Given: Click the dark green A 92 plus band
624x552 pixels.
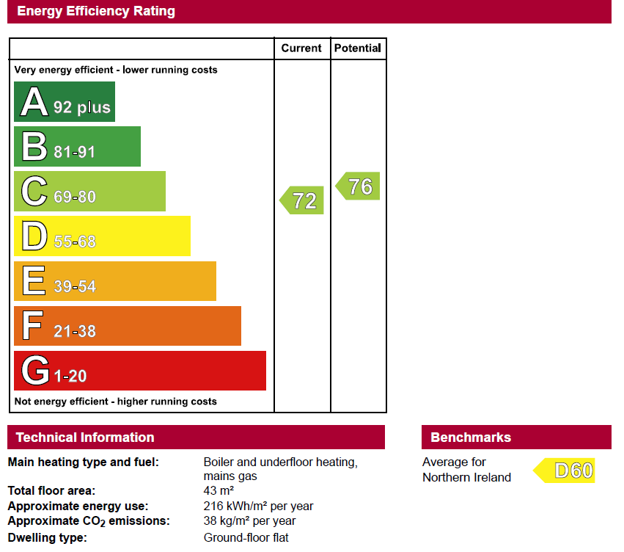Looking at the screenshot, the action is click(x=65, y=101).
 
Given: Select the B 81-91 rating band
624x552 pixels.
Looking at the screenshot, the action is click(x=77, y=146).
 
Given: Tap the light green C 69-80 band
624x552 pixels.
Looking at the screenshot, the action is click(x=89, y=191).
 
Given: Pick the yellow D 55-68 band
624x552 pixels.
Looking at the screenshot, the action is click(x=102, y=236).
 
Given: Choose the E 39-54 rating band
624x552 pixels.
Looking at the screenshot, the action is click(x=115, y=281).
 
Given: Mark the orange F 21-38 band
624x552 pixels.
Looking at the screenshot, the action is click(x=128, y=326).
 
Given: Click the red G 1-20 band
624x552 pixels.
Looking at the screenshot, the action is click(x=140, y=371).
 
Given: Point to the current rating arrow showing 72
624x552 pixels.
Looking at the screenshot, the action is click(x=301, y=200).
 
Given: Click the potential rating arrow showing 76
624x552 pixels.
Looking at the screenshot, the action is click(x=358, y=186).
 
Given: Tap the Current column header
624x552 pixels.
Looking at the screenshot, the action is click(x=301, y=48).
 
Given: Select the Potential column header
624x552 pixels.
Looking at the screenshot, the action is click(x=358, y=48).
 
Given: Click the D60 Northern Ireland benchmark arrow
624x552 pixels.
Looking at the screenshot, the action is click(x=564, y=471).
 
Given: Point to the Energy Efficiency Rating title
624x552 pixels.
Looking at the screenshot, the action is click(x=96, y=11).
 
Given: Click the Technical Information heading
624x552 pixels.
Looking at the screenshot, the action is click(x=85, y=437).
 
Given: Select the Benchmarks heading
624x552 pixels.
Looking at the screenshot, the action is click(x=471, y=437).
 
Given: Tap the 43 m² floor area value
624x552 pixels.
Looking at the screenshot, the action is click(x=219, y=490).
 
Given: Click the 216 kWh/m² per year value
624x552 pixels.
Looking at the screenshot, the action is click(x=258, y=506).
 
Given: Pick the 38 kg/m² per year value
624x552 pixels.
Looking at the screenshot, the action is click(x=249, y=521).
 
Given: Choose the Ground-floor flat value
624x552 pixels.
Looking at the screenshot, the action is click(x=246, y=537).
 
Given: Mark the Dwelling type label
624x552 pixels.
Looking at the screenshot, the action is click(x=48, y=537).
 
